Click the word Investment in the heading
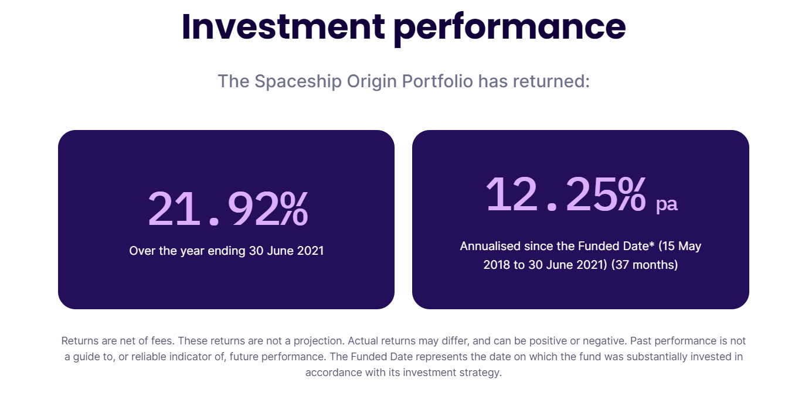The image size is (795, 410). (283, 26)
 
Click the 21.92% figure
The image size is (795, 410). (227, 209)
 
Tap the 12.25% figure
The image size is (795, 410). (566, 194)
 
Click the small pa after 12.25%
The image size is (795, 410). (667, 204)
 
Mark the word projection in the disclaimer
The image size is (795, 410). (317, 341)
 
